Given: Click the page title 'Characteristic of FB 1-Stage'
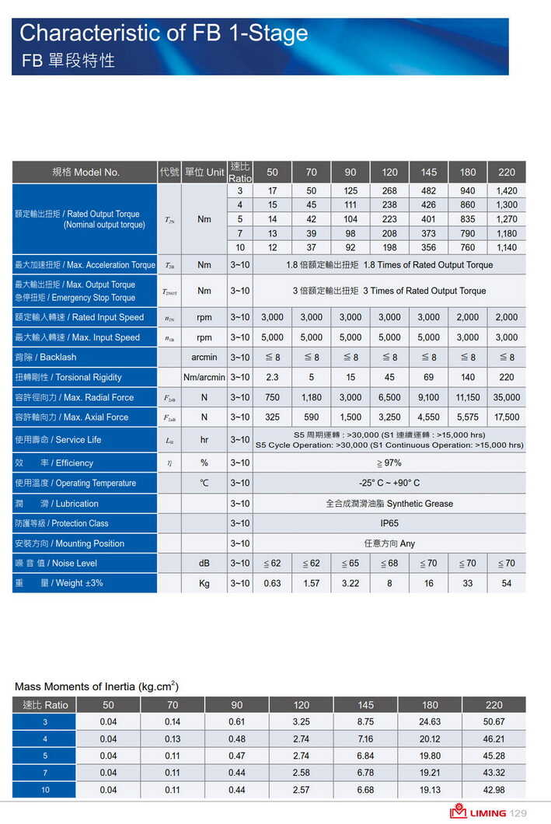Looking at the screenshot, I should [x=163, y=33].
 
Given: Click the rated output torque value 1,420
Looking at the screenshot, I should [x=507, y=190].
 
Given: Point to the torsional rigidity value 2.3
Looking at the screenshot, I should [x=272, y=377].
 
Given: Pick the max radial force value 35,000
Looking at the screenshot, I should [x=507, y=397].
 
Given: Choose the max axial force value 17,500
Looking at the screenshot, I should [x=507, y=417].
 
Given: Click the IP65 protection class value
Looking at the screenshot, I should [x=389, y=523].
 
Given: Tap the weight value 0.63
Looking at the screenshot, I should [x=272, y=583].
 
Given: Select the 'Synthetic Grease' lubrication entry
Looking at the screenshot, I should [x=389, y=504].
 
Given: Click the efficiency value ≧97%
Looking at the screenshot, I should [x=389, y=463].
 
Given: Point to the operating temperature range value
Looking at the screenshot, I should [x=389, y=483].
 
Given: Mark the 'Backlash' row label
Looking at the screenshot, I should [x=46, y=357].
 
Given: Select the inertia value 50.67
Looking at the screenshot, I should [x=493, y=722].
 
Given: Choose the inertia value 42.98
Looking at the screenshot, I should [x=493, y=790].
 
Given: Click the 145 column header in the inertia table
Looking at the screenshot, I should [x=365, y=705].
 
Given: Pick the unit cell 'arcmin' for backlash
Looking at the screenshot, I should [x=204, y=357].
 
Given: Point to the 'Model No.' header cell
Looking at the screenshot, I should [x=85, y=172].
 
